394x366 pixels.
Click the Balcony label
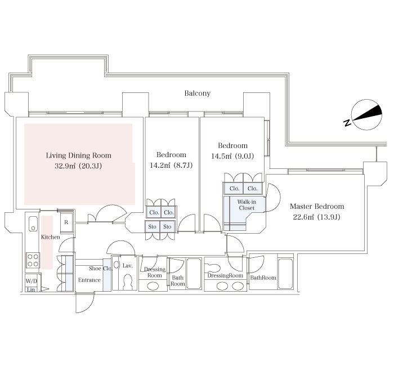click(197, 93)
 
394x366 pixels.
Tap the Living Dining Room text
click(79, 155)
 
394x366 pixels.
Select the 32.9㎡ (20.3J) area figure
click(78, 166)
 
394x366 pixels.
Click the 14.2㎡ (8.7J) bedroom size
click(171, 165)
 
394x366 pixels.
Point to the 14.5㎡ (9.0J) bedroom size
click(232, 156)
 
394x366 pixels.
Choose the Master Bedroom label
click(317, 207)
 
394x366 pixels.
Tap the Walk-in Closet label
click(247, 205)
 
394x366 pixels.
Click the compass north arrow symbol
click(366, 115)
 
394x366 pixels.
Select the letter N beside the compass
click(347, 123)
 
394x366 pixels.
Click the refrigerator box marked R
click(66, 222)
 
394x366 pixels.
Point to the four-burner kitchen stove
click(33, 260)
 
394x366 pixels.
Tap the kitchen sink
click(33, 224)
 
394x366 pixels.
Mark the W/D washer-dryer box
click(32, 281)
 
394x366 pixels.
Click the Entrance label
click(89, 280)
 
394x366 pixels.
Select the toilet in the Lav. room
click(128, 282)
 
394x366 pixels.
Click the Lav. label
click(127, 265)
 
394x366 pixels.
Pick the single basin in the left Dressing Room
click(153, 286)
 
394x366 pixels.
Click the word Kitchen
click(51, 237)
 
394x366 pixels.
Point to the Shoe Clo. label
click(101, 269)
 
